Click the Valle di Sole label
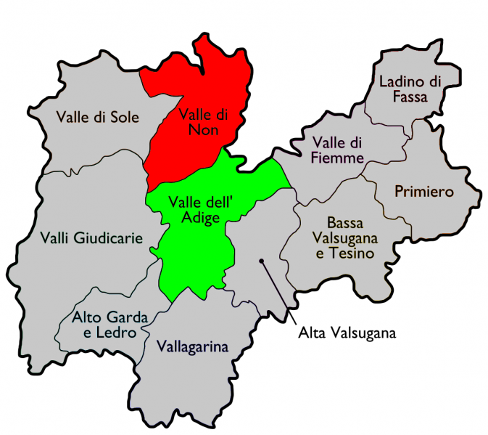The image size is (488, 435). (97, 118)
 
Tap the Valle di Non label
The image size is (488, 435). (203, 121)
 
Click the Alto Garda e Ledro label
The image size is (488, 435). (109, 325)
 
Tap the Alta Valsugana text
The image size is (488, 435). (347, 333)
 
